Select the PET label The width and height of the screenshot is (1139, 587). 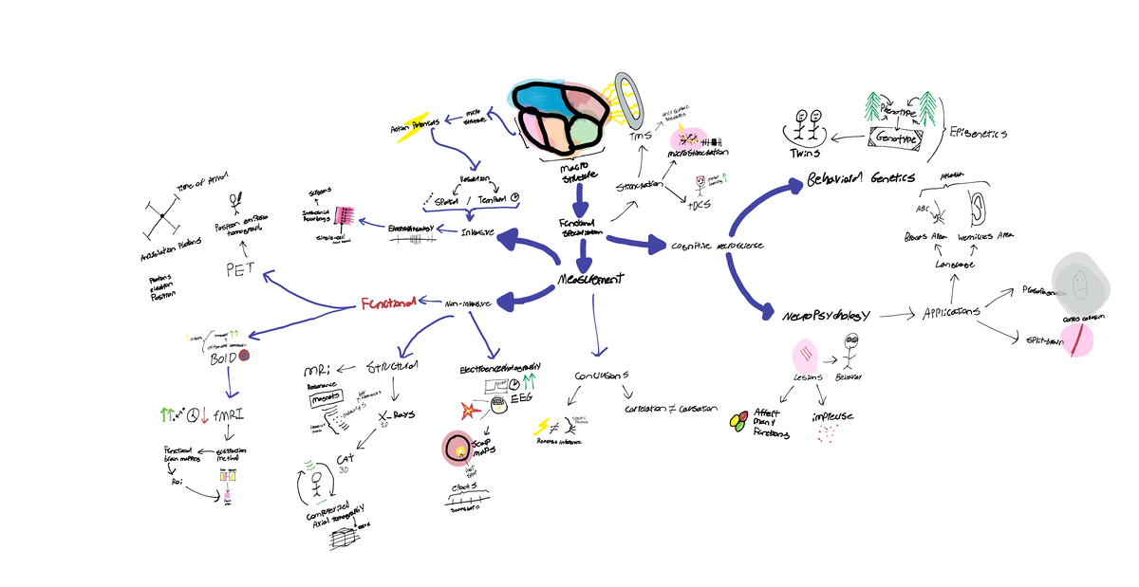tap(240, 268)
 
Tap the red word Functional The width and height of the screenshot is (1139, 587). tap(388, 304)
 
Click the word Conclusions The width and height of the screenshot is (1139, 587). tap(602, 376)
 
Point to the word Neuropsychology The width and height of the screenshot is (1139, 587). tap(825, 314)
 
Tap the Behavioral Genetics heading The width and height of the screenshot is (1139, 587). tap(861, 178)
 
